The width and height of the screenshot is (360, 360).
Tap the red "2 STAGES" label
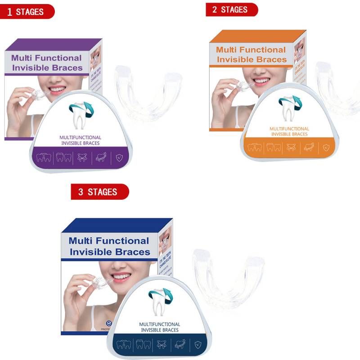231,9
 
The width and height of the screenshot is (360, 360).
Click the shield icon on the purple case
119,157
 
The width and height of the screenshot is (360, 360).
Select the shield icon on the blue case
198,345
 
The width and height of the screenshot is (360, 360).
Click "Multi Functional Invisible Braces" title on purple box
47,63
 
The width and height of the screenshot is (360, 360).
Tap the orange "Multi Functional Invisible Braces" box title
251,54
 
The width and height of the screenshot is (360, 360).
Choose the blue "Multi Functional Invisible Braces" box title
109,246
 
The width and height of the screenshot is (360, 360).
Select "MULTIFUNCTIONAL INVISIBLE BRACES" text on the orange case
289,131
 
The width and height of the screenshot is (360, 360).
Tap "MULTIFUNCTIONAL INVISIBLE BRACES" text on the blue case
160,327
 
